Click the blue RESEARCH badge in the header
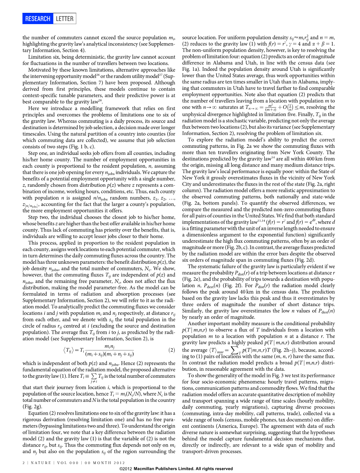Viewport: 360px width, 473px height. tap(38, 19)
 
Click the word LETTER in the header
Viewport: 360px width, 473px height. tap(64, 19)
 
